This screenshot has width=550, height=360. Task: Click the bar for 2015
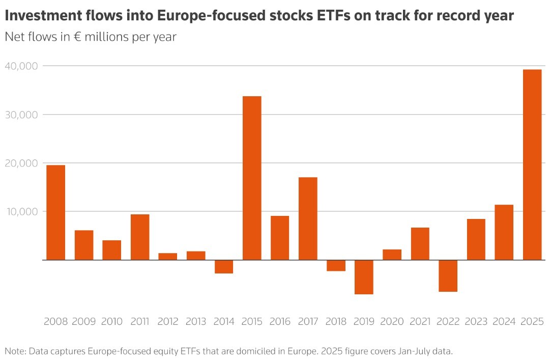click(x=252, y=178)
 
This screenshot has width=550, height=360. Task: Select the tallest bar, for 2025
click(x=532, y=164)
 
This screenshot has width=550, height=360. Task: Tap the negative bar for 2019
click(x=364, y=277)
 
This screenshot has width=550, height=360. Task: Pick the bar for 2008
click(x=55, y=212)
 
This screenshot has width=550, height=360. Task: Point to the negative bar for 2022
click(x=448, y=275)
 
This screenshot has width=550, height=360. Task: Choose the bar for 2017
click(x=308, y=218)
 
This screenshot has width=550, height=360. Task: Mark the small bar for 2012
click(x=168, y=256)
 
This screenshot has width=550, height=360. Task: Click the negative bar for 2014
click(x=224, y=267)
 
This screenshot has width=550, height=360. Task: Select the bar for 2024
click(x=504, y=232)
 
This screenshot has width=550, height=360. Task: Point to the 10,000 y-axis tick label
click(x=21, y=211)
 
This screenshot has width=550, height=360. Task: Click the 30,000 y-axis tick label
click(x=21, y=115)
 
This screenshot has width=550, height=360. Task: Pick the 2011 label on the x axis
click(x=140, y=322)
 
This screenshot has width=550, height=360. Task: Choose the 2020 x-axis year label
click(x=392, y=322)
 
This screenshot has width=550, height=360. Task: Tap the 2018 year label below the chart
click(x=336, y=322)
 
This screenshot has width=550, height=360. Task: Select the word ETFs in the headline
click(x=319, y=16)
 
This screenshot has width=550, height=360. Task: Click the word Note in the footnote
click(x=14, y=351)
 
